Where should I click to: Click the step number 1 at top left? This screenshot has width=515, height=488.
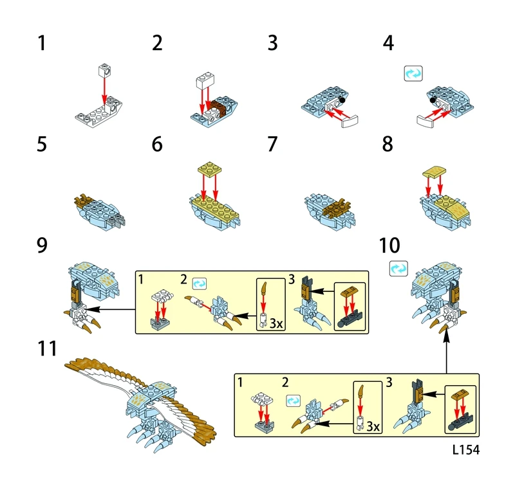[x=42, y=44]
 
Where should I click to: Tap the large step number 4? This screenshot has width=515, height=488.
[x=388, y=44]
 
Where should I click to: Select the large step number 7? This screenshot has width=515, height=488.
[x=273, y=145]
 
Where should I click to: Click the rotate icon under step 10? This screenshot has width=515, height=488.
[x=398, y=267]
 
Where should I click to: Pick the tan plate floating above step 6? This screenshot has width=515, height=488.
[x=210, y=168]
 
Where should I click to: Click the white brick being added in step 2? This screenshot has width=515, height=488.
[x=204, y=80]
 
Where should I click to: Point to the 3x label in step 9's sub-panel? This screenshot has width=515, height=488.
[x=276, y=323]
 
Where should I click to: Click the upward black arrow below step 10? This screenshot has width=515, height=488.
[x=447, y=350]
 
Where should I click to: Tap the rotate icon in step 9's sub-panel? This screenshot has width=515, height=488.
[x=199, y=282]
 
